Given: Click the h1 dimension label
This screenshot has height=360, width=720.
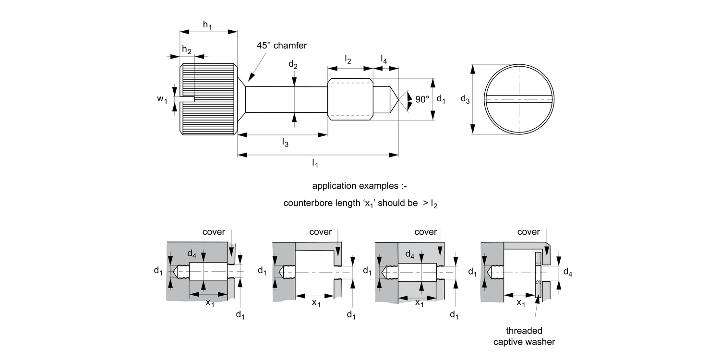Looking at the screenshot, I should (x=207, y=25).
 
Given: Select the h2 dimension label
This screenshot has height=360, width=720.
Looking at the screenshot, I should (x=187, y=50).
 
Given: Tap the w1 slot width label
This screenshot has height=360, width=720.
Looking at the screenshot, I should (x=162, y=99).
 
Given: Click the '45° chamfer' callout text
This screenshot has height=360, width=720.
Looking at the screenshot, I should (x=281, y=46).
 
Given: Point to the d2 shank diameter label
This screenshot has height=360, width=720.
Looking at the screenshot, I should (x=293, y=65).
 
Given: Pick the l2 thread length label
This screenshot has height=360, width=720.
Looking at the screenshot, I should (x=348, y=60).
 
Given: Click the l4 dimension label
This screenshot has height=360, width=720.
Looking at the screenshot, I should (x=384, y=59).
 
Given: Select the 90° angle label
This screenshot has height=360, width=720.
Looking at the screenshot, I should (x=422, y=99).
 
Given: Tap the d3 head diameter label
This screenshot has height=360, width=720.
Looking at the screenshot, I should (x=465, y=99).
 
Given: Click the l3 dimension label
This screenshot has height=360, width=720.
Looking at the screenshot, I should (x=285, y=143).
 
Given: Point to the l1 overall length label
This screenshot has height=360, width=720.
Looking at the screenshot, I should (x=315, y=163).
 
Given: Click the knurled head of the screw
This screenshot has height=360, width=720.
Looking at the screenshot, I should (x=209, y=99).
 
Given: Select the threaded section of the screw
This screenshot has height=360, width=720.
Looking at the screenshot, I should (x=350, y=99).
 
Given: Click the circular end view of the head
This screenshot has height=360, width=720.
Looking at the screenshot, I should (x=518, y=99).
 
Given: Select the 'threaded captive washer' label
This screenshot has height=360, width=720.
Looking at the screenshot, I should (x=524, y=336).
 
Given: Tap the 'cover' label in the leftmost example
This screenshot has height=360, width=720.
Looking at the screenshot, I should (x=214, y=232).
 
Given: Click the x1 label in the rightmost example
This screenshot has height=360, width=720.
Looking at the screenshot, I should (x=521, y=303).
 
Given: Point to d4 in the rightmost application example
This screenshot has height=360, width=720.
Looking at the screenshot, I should (x=567, y=273).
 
